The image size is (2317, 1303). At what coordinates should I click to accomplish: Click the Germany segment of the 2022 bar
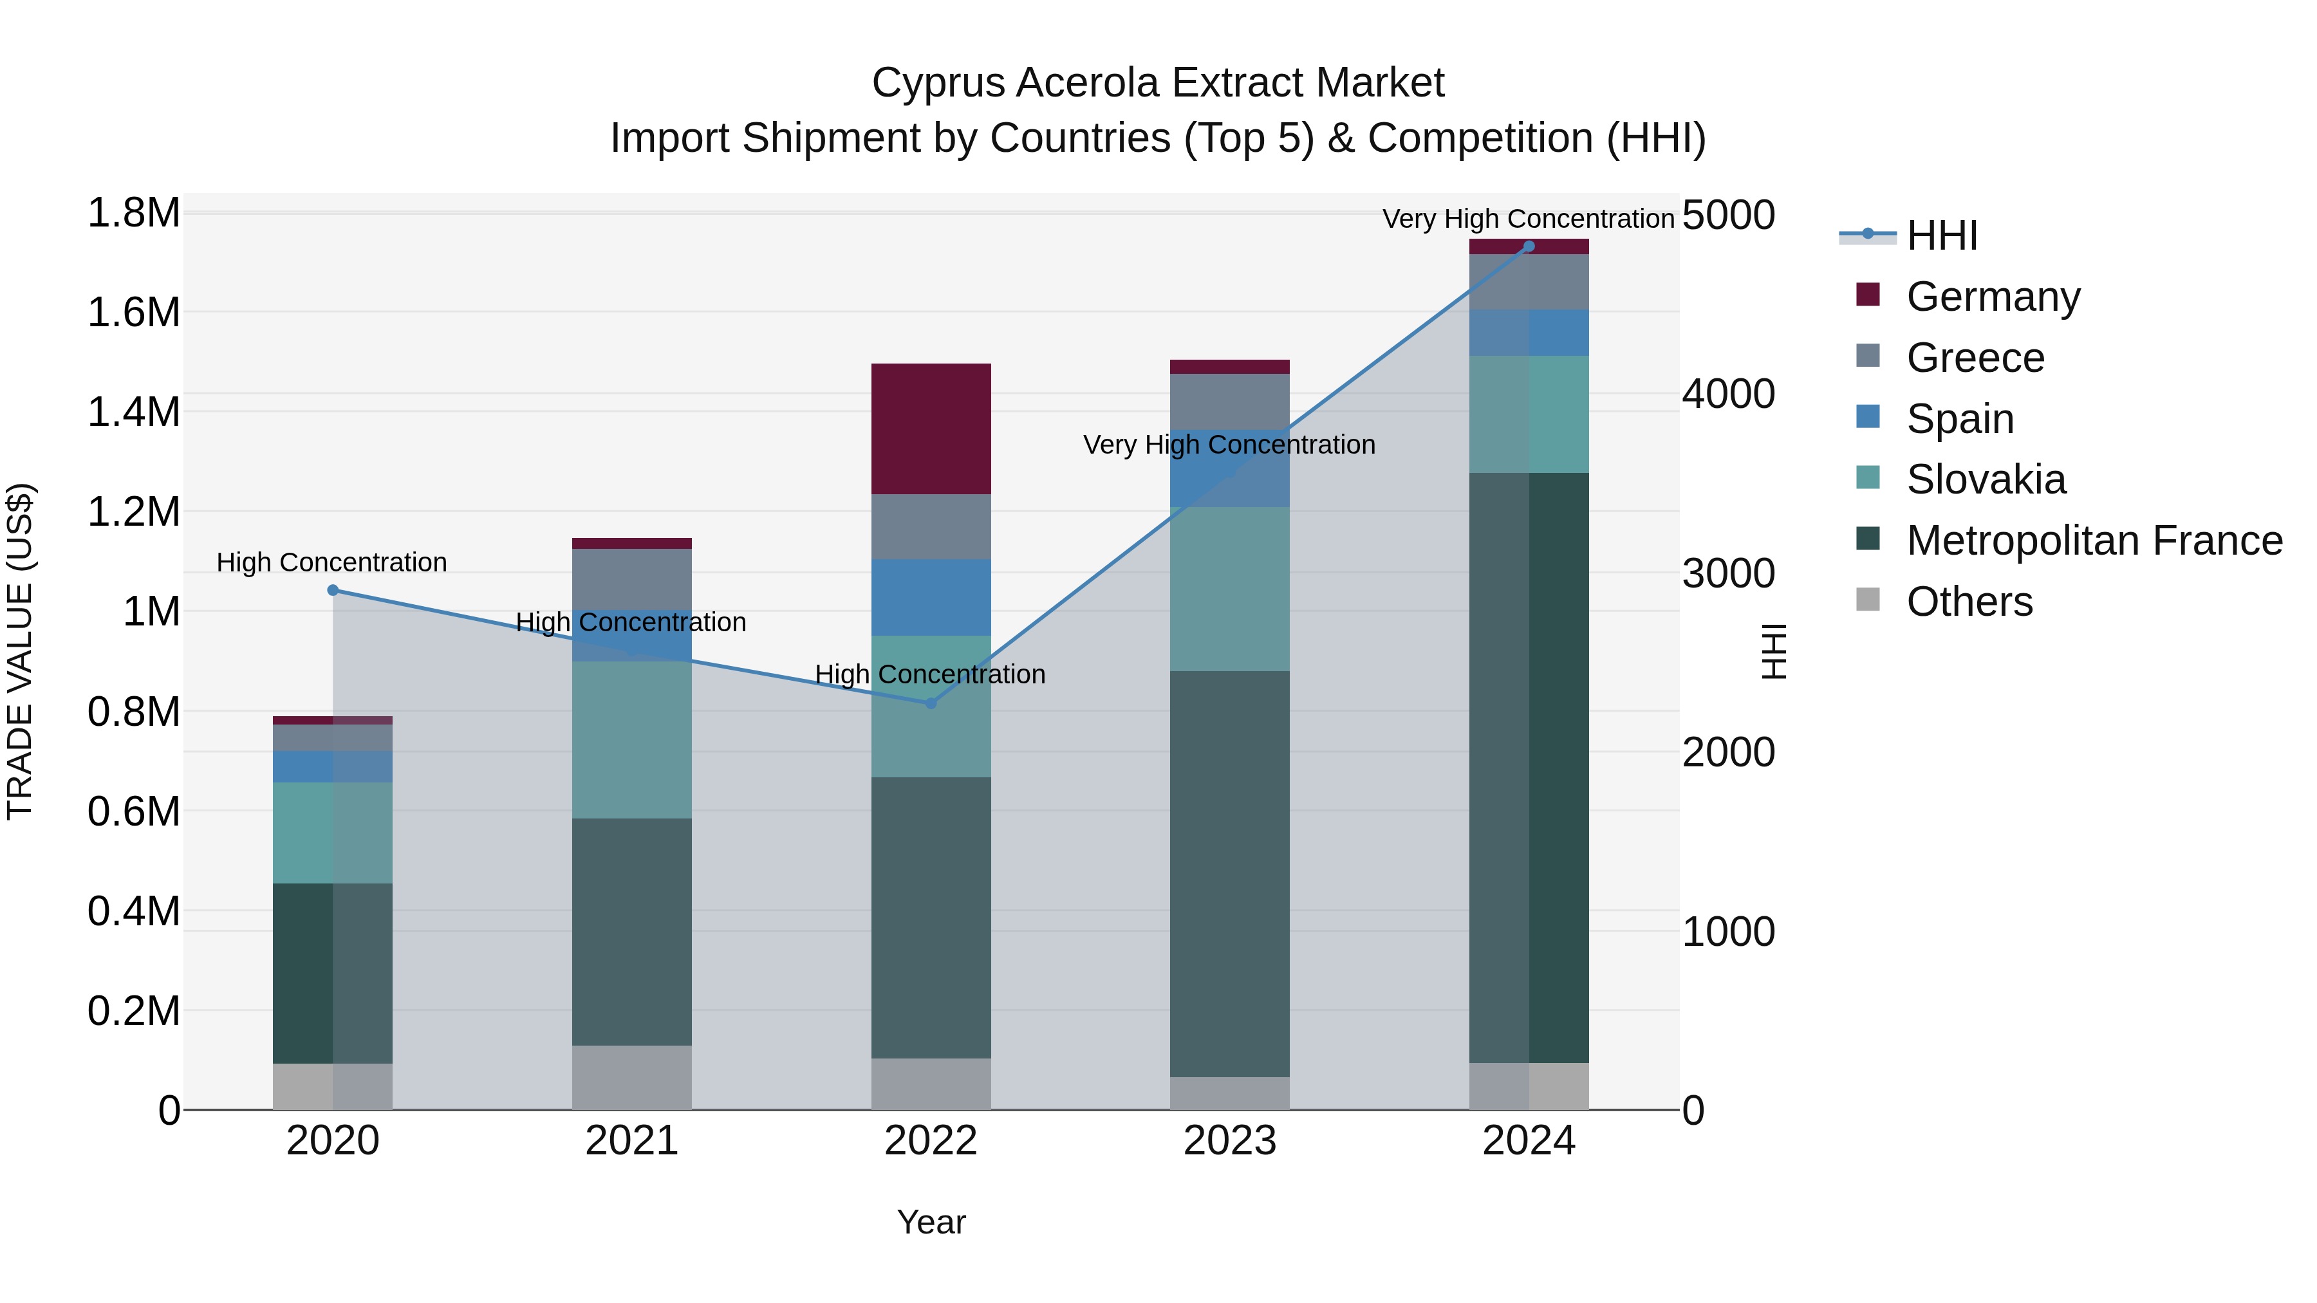tap(931, 429)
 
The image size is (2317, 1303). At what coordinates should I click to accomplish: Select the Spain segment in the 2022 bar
tap(931, 597)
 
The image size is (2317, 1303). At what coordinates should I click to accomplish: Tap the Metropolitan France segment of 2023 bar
tap(1229, 873)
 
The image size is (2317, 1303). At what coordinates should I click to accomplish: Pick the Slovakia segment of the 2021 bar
tap(631, 739)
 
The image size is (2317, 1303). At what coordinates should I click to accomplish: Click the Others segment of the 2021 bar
tap(631, 1077)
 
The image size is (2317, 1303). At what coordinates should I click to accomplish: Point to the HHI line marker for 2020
tap(333, 590)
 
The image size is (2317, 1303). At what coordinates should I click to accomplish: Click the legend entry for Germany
tap(1992, 296)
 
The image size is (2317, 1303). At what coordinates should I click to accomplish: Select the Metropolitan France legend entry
tap(2093, 541)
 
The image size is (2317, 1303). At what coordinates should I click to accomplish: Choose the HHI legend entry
tap(1941, 236)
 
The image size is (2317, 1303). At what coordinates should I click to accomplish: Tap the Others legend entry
tap(1969, 602)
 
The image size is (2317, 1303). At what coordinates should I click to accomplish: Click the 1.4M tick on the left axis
tap(134, 412)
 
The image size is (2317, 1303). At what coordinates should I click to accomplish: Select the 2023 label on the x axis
tap(1229, 1141)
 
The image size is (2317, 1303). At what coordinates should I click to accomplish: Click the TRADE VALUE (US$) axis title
tap(20, 651)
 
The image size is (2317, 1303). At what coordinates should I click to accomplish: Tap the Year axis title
tap(931, 1222)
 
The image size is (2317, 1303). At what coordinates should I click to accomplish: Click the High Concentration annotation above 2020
tap(332, 562)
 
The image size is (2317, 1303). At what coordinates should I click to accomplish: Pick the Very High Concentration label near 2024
tap(1527, 219)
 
